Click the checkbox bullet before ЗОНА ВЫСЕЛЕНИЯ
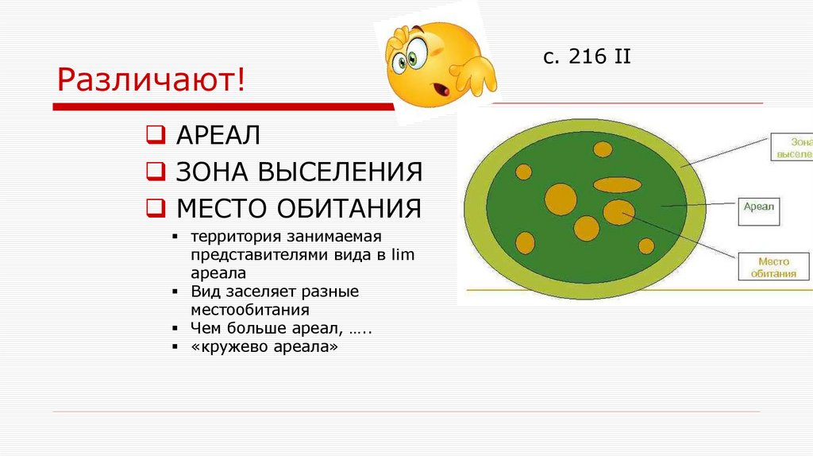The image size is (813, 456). coord(154,172)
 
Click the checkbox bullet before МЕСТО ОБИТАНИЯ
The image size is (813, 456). coord(154,209)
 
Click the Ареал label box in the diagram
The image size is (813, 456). coord(759,210)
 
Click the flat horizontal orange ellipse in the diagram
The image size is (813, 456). coord(617,186)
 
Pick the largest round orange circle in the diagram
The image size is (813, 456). coord(560,199)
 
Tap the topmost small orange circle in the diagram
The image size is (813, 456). coord(603,149)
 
